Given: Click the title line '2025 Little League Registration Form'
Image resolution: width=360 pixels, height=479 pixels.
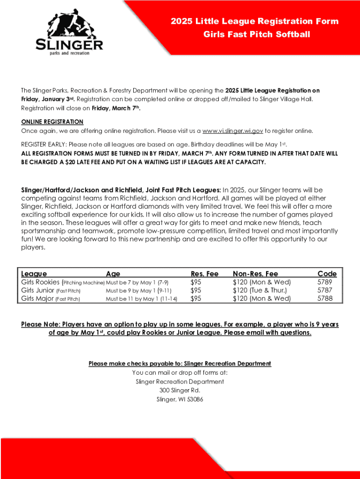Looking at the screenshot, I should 254,22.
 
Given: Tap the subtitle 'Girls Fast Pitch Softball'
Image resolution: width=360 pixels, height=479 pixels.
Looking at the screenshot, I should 256,35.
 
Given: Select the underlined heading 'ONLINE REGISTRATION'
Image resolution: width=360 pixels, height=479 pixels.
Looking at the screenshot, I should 52,122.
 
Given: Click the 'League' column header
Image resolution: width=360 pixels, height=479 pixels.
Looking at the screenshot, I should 34,274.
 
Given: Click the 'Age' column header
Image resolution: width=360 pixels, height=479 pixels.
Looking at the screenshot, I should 113,274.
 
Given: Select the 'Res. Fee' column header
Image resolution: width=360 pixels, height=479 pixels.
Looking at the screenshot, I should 204,274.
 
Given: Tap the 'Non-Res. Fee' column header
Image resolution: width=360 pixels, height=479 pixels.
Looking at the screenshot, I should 255,274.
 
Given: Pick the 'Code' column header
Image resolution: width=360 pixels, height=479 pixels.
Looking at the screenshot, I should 327,274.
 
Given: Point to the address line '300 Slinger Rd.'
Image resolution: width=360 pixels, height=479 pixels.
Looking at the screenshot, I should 180,390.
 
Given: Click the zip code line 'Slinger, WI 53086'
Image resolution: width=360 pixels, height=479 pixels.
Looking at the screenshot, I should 180,399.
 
